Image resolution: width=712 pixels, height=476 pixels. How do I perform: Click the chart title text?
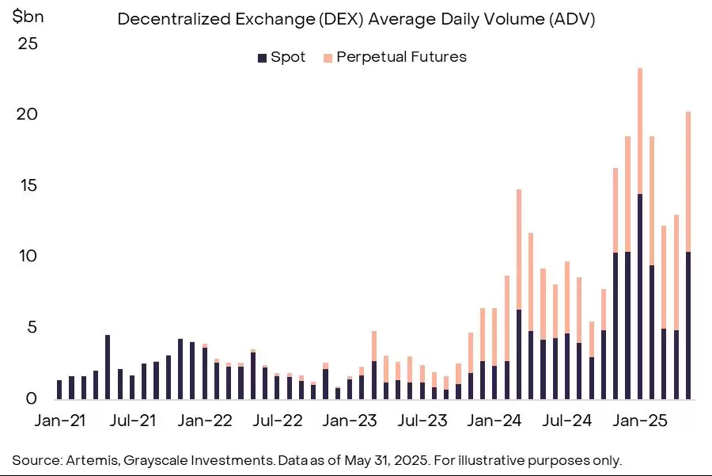coord(356,20)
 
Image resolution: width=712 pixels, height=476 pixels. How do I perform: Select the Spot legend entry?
coord(281,57)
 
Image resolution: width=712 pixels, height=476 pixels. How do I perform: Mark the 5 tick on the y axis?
coord(30,327)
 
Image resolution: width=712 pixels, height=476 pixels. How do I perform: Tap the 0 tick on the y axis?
coord(30,398)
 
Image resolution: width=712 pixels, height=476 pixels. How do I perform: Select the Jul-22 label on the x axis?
coord(277,421)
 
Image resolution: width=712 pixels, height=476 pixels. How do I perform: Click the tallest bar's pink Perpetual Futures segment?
coord(639,131)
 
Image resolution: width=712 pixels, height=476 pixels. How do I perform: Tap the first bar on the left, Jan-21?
coord(59,390)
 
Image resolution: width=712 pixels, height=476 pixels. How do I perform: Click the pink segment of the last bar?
coord(688,182)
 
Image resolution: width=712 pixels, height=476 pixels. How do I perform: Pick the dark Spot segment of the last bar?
coord(688,326)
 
